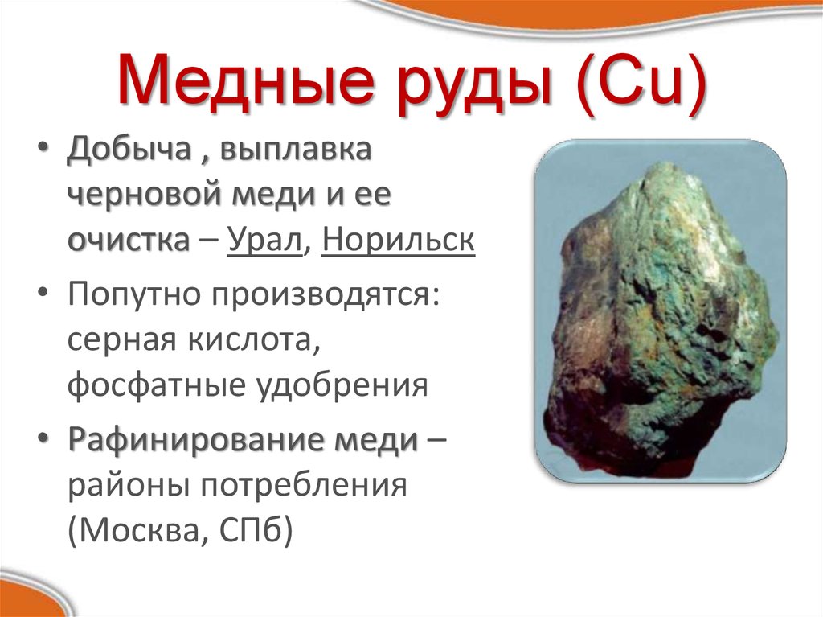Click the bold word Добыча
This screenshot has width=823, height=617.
tap(129, 149)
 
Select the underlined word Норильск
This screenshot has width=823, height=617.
tap(399, 241)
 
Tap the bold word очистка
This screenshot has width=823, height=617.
tap(129, 241)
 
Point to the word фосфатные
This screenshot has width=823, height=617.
tap(157, 385)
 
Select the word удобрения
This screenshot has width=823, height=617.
tap(342, 385)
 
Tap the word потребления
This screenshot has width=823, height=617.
tap(304, 486)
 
